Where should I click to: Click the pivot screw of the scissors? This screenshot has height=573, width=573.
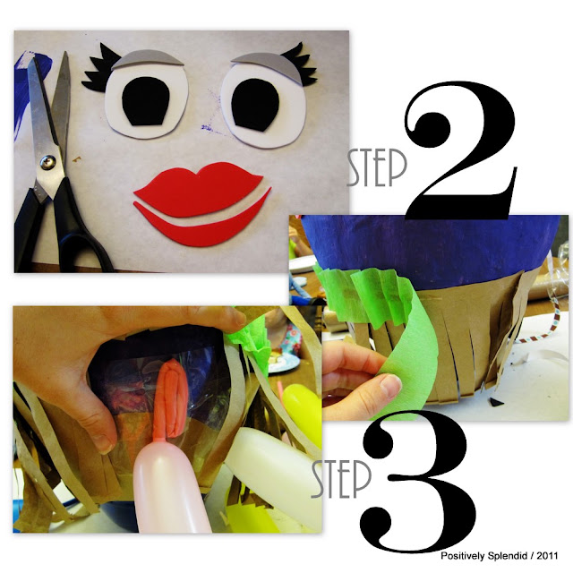[x=47, y=163]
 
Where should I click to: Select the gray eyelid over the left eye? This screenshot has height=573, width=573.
[x=146, y=59]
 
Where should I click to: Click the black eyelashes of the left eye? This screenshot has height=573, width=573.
[x=98, y=68]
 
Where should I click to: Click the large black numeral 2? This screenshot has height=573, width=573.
[x=461, y=150]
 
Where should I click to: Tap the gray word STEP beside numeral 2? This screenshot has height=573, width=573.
[x=376, y=167]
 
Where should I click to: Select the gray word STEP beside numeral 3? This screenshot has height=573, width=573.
[x=341, y=479]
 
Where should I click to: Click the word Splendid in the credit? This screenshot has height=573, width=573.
[x=505, y=556]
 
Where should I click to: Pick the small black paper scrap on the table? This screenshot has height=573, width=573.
[x=496, y=402]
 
